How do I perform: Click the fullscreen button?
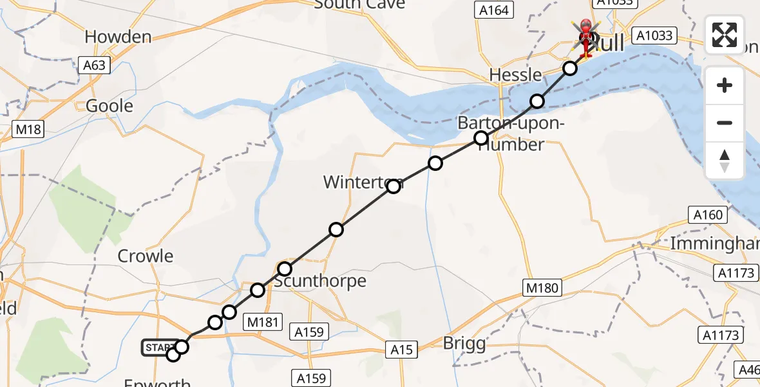(x=725, y=35)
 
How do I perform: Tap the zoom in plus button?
(x=725, y=86)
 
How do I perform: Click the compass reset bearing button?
(x=725, y=161)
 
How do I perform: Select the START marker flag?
(x=157, y=348)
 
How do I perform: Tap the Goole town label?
(x=109, y=106)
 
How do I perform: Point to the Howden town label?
(x=118, y=37)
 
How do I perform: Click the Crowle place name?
(x=146, y=256)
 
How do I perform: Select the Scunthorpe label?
(x=320, y=281)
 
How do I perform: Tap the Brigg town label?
(x=464, y=343)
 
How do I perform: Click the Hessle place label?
(x=515, y=75)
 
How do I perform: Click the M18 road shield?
(x=28, y=130)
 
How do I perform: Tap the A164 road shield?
(x=494, y=10)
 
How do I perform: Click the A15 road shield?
(x=402, y=349)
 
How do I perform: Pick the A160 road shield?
(x=708, y=215)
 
